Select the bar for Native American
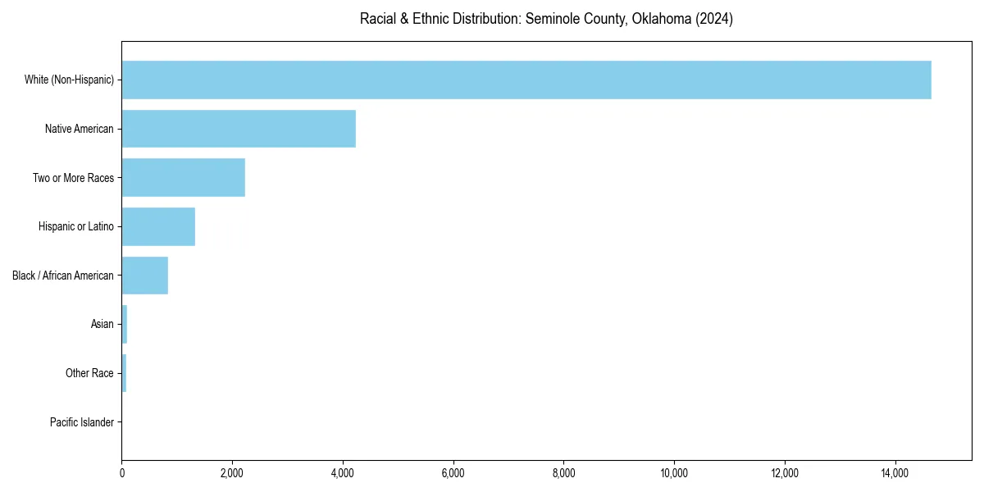(x=239, y=129)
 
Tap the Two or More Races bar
(x=184, y=178)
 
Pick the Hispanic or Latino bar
(x=158, y=226)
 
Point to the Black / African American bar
(x=145, y=276)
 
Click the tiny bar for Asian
(x=125, y=325)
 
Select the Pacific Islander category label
(x=82, y=423)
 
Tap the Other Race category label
(x=89, y=374)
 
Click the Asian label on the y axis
(x=102, y=325)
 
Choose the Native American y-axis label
(x=80, y=129)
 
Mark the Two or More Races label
(x=73, y=178)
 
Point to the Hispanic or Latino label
(x=75, y=226)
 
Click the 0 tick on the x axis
(x=122, y=473)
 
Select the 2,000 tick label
(x=232, y=473)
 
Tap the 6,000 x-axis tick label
(x=453, y=473)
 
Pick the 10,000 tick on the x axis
(x=674, y=473)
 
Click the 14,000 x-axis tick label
(x=895, y=473)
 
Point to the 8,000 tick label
(x=564, y=473)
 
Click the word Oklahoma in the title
(x=662, y=19)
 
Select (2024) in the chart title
(x=714, y=19)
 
